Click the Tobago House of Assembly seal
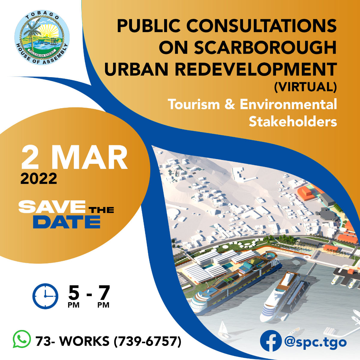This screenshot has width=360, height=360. [42, 37]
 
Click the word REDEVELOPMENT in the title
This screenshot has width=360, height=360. [256, 69]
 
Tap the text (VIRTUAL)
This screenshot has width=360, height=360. [305, 87]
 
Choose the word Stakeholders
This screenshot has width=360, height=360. [293, 121]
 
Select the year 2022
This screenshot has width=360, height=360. [39, 178]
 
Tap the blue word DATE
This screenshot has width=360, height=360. [67, 222]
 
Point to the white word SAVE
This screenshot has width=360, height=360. [52, 206]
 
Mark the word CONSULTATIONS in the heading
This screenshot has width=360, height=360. [262, 25]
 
